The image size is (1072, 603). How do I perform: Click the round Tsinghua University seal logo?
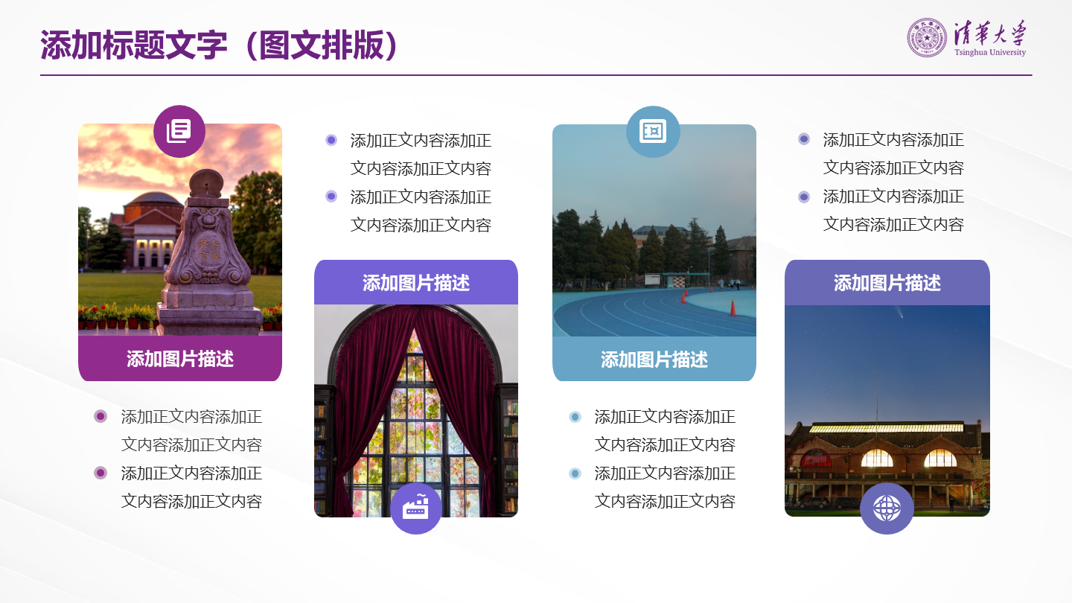pos(927,38)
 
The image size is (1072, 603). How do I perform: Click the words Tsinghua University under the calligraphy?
pos(989,52)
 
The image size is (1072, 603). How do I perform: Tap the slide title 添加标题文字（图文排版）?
pos(219,45)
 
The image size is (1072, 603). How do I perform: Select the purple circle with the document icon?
pos(179,131)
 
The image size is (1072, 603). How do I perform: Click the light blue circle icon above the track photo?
pos(653,132)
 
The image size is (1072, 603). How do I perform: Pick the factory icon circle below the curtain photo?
pos(416,508)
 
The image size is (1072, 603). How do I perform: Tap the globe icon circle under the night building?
pos(887,508)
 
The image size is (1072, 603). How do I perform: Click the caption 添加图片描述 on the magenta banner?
pos(180,359)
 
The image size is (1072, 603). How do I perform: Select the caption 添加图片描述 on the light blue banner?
pos(654,360)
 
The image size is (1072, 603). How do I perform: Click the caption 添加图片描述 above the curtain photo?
pos(416,283)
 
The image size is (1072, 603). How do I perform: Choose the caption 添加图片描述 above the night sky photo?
pos(887,283)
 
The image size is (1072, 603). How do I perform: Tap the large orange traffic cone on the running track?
pos(733,307)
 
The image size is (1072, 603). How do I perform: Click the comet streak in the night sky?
pos(898,313)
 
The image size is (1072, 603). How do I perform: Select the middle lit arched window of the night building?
pos(877,458)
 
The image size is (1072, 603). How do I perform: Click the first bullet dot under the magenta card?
pos(100,416)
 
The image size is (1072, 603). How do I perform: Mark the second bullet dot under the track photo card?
pos(575,473)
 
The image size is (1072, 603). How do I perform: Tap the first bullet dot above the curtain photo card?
pos(331,140)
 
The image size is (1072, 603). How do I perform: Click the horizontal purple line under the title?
pos(536,75)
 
